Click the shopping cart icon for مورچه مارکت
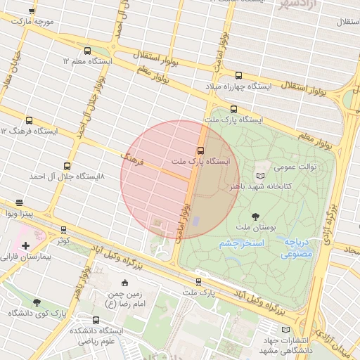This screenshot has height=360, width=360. click(32, 12)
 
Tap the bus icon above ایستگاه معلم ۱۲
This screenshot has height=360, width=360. click(87, 51)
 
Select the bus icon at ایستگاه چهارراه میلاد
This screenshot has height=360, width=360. click(238, 75)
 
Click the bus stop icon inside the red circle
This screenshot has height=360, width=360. click(200, 150)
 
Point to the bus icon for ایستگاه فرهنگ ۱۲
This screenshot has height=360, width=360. click(29, 120)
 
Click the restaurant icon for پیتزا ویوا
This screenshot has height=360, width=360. click(19, 202)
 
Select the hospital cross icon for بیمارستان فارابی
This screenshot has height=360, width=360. click(26, 245)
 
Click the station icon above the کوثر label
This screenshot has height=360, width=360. click(64, 230)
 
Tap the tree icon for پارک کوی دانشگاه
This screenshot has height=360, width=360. click(36, 302)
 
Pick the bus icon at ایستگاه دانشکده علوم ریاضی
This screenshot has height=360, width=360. click(96, 320)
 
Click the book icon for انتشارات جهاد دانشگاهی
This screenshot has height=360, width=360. click(285, 329)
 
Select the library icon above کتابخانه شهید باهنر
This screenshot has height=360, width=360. click(261, 175)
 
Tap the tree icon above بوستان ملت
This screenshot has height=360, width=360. click(255, 217)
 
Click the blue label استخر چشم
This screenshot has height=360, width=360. click(241, 243)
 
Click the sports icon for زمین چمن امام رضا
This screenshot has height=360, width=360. click(125, 283)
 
